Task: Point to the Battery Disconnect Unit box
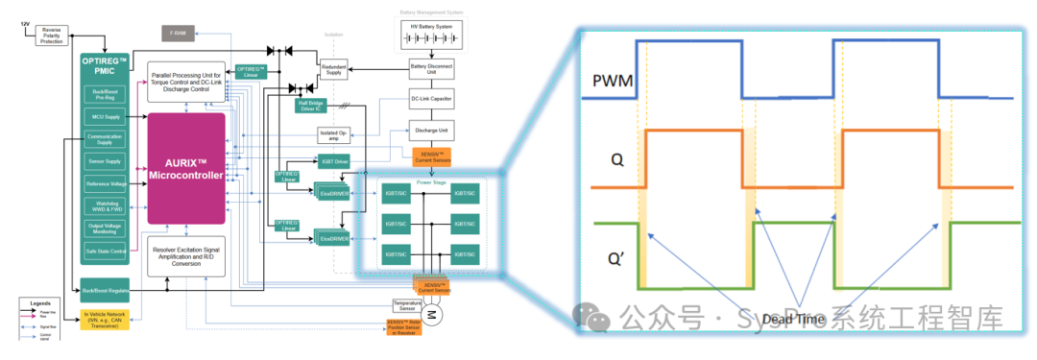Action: pos(431,70)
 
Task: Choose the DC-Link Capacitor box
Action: pos(431,99)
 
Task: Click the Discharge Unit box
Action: pos(431,130)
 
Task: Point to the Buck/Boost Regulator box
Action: pos(106,289)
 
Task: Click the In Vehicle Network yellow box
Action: pos(106,320)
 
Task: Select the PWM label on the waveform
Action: pos(613,81)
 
